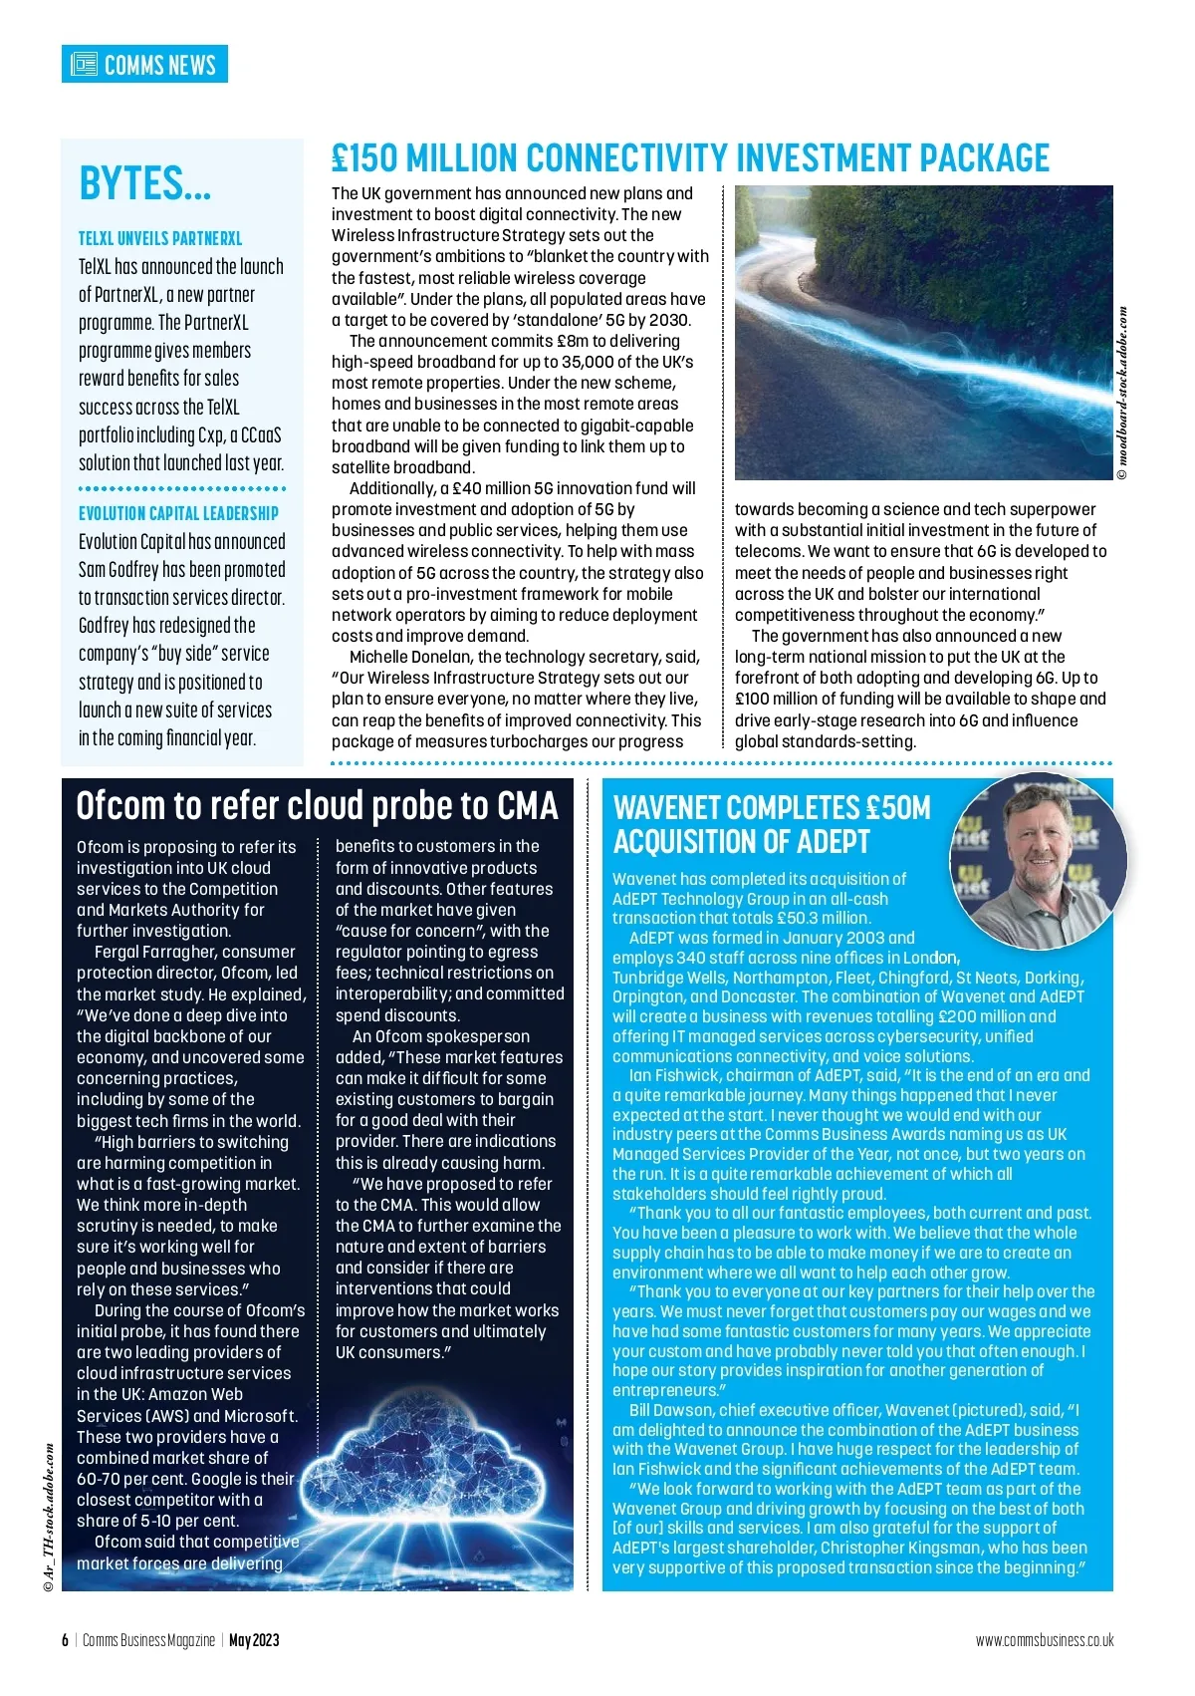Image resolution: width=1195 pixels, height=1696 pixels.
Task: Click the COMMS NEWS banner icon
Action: point(84,65)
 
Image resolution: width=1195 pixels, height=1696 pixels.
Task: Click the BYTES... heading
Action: point(145,184)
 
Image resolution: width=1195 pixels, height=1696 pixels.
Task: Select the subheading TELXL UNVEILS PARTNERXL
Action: point(160,239)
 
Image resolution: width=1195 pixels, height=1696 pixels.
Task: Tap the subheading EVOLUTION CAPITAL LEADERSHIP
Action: point(178,514)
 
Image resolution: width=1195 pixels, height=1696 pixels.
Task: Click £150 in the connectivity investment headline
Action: point(364,158)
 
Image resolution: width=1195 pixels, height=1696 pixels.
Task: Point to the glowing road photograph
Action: point(923,332)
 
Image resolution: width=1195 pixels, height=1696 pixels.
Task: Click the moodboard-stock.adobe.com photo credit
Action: point(1122,394)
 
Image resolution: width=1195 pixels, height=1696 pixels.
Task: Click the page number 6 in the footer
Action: point(66,1640)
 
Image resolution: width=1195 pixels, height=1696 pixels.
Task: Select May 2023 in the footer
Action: point(254,1640)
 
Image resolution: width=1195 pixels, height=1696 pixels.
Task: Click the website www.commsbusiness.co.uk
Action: point(1044,1640)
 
